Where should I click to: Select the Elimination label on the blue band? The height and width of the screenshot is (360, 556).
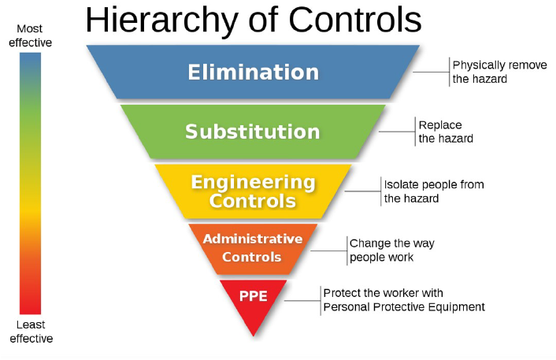(x=253, y=72)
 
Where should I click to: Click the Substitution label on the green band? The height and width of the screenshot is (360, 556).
(x=253, y=131)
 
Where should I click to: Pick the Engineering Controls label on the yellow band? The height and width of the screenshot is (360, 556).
(x=253, y=191)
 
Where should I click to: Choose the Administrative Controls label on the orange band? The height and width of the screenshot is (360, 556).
(x=253, y=247)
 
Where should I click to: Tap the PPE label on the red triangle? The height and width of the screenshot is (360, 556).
(x=254, y=298)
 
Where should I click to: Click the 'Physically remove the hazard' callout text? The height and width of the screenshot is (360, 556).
(x=499, y=72)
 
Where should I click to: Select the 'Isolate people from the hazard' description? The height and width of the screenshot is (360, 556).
(x=433, y=191)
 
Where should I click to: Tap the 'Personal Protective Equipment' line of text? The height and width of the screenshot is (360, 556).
(x=404, y=307)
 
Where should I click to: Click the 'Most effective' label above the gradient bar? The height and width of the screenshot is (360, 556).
(x=30, y=35)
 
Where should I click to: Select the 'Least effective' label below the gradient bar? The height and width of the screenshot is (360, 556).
(x=30, y=332)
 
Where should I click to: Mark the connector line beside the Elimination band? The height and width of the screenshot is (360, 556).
(x=432, y=72)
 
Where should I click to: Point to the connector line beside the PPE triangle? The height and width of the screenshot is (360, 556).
(x=302, y=300)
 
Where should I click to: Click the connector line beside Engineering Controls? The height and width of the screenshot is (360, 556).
(x=363, y=191)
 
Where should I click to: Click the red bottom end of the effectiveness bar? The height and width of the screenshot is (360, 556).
(x=30, y=307)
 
